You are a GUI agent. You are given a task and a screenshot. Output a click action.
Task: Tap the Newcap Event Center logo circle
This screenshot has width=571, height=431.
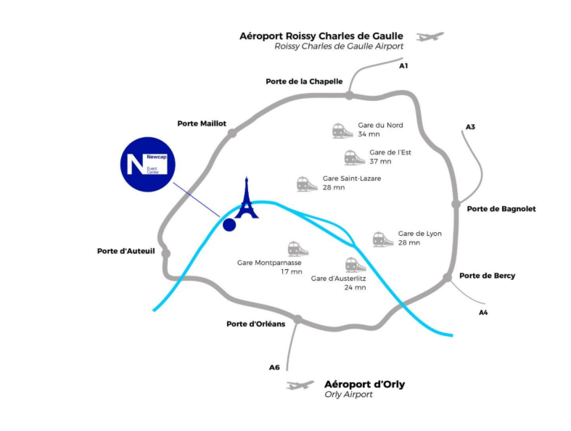pyautogui.click(x=147, y=164)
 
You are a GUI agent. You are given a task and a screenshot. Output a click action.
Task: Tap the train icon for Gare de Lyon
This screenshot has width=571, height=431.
pyautogui.click(x=382, y=239)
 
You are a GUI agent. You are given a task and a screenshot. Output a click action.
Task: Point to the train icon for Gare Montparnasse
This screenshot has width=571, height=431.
pyautogui.click(x=297, y=249)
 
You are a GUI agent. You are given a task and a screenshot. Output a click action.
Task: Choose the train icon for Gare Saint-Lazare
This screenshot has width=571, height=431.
pyautogui.click(x=307, y=184)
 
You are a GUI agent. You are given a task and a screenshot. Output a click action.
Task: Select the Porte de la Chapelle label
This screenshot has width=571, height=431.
pyautogui.click(x=305, y=81)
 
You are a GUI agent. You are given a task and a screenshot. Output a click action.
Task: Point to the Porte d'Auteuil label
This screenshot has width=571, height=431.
pyautogui.click(x=126, y=251)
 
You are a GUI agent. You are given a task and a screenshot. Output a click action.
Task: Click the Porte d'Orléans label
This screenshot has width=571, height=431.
pyautogui.click(x=256, y=324)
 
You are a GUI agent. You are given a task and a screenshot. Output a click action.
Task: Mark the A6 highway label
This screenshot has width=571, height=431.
pyautogui.click(x=274, y=367)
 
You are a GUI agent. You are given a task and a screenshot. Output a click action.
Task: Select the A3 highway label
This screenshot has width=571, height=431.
pyautogui.click(x=470, y=127)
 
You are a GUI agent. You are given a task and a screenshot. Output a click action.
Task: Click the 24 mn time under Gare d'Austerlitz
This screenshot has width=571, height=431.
pyautogui.click(x=356, y=287)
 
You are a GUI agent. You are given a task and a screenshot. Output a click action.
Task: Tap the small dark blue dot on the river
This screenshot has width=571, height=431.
pyautogui.click(x=229, y=225)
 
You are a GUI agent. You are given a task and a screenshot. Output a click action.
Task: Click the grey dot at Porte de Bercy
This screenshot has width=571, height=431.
pyautogui.click(x=445, y=276)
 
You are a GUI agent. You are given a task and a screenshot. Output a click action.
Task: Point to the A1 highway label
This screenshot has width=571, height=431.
pyautogui.click(x=404, y=66)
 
